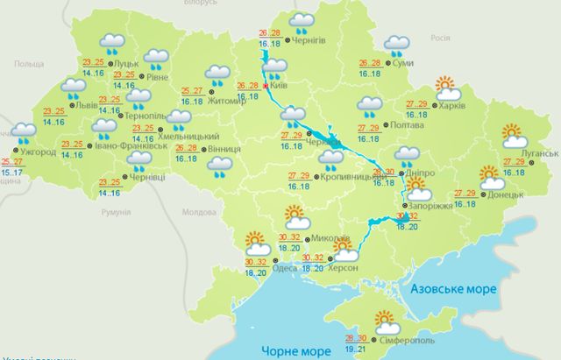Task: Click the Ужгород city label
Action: point(38,151)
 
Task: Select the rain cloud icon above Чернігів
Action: point(302,22)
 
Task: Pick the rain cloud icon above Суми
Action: point(394,43)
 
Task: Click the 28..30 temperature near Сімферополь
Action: point(357,338)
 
